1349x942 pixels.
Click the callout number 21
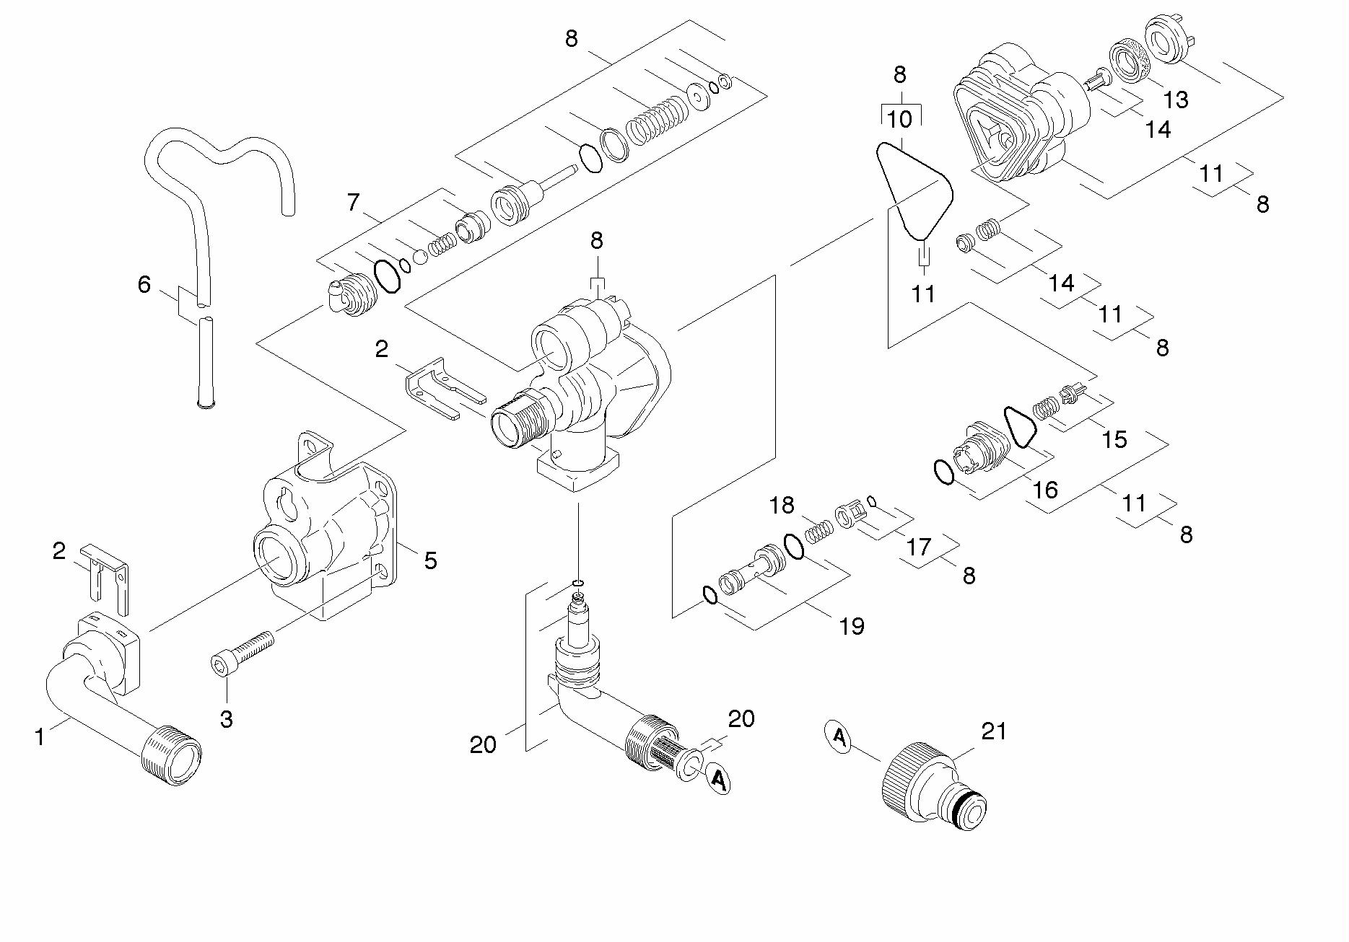click(994, 731)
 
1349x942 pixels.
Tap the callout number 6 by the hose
click(144, 285)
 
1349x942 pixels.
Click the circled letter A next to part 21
click(839, 737)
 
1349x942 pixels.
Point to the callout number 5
click(430, 560)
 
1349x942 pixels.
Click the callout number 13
click(1176, 100)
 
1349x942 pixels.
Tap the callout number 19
click(852, 626)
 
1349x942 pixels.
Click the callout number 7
click(353, 203)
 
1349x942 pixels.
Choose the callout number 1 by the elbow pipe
click(40, 737)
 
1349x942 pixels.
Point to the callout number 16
click(1044, 490)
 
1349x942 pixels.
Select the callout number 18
click(782, 505)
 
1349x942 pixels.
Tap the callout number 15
click(1114, 439)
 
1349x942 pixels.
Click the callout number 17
click(919, 547)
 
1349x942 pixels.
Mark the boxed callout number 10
click(900, 119)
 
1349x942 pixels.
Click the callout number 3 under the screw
click(227, 719)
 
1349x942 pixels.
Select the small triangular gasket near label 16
click(1020, 427)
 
